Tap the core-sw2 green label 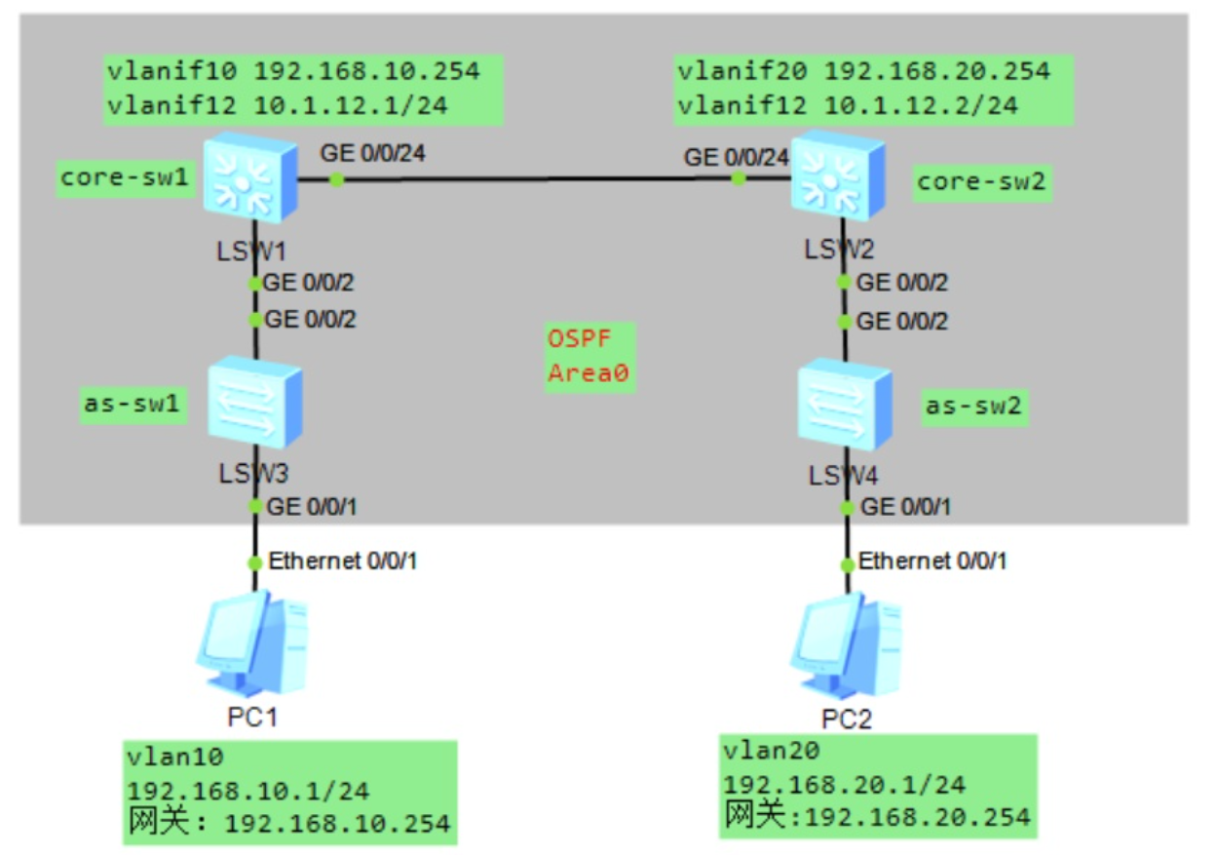pyautogui.click(x=983, y=182)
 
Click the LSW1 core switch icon pyautogui.click(x=250, y=178)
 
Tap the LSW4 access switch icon pyautogui.click(x=844, y=404)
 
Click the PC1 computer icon pyautogui.click(x=252, y=643)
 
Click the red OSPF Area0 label pyautogui.click(x=589, y=357)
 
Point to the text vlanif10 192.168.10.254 pyautogui.click(x=293, y=70)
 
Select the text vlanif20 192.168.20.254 pyautogui.click(x=863, y=70)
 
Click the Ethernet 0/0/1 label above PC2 pyautogui.click(x=932, y=562)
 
